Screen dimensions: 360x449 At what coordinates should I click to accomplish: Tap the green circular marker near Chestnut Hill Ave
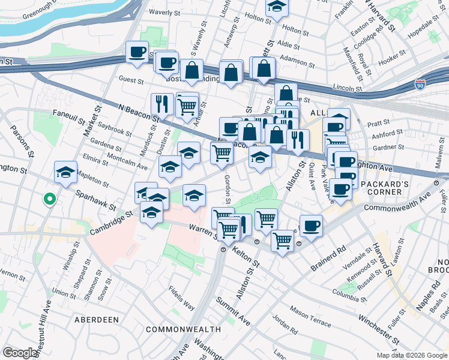pos(49,199)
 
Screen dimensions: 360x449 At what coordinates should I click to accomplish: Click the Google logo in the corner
pos(20,353)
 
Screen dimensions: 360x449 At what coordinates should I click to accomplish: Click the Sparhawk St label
pos(96,200)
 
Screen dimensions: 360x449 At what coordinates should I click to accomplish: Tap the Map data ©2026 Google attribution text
pos(411,355)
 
